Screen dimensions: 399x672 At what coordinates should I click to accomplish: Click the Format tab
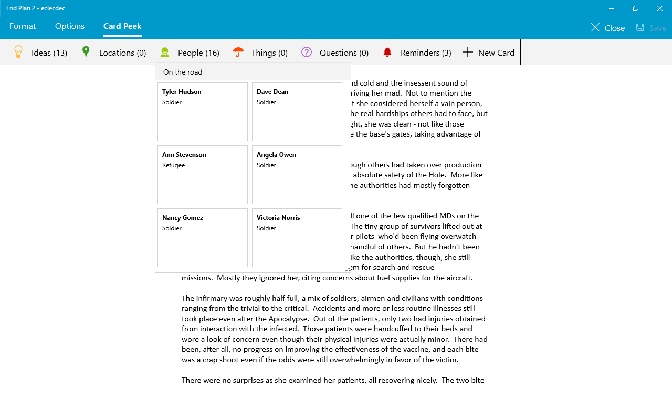click(x=23, y=26)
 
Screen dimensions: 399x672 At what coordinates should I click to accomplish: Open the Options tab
click(x=70, y=26)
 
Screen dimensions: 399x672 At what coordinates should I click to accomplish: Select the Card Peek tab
click(x=122, y=26)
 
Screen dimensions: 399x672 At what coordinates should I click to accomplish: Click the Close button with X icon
click(x=607, y=28)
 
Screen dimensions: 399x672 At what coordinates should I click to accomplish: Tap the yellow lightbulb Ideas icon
click(x=18, y=52)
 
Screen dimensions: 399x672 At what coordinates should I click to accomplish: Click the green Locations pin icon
click(x=86, y=52)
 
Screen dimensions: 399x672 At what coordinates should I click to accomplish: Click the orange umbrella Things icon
click(x=238, y=52)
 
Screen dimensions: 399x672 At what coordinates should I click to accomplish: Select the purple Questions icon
click(x=307, y=52)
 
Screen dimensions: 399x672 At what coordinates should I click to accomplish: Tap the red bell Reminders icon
click(x=387, y=52)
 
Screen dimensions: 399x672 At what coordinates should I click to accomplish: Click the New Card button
click(x=489, y=52)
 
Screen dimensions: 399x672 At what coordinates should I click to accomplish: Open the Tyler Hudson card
click(x=203, y=111)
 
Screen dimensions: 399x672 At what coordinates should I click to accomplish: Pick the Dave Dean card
click(x=297, y=111)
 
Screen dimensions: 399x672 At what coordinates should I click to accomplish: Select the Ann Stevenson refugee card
click(x=203, y=174)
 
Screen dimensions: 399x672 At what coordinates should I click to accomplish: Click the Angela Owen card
click(x=297, y=174)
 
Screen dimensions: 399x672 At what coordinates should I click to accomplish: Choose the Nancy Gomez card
click(x=203, y=237)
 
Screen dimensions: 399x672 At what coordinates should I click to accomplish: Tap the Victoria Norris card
click(x=297, y=237)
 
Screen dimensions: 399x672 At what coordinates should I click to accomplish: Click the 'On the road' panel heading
click(x=183, y=72)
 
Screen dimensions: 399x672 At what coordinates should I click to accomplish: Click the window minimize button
click(x=612, y=8)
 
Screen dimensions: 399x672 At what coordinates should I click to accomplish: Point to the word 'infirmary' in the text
click(x=213, y=298)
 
